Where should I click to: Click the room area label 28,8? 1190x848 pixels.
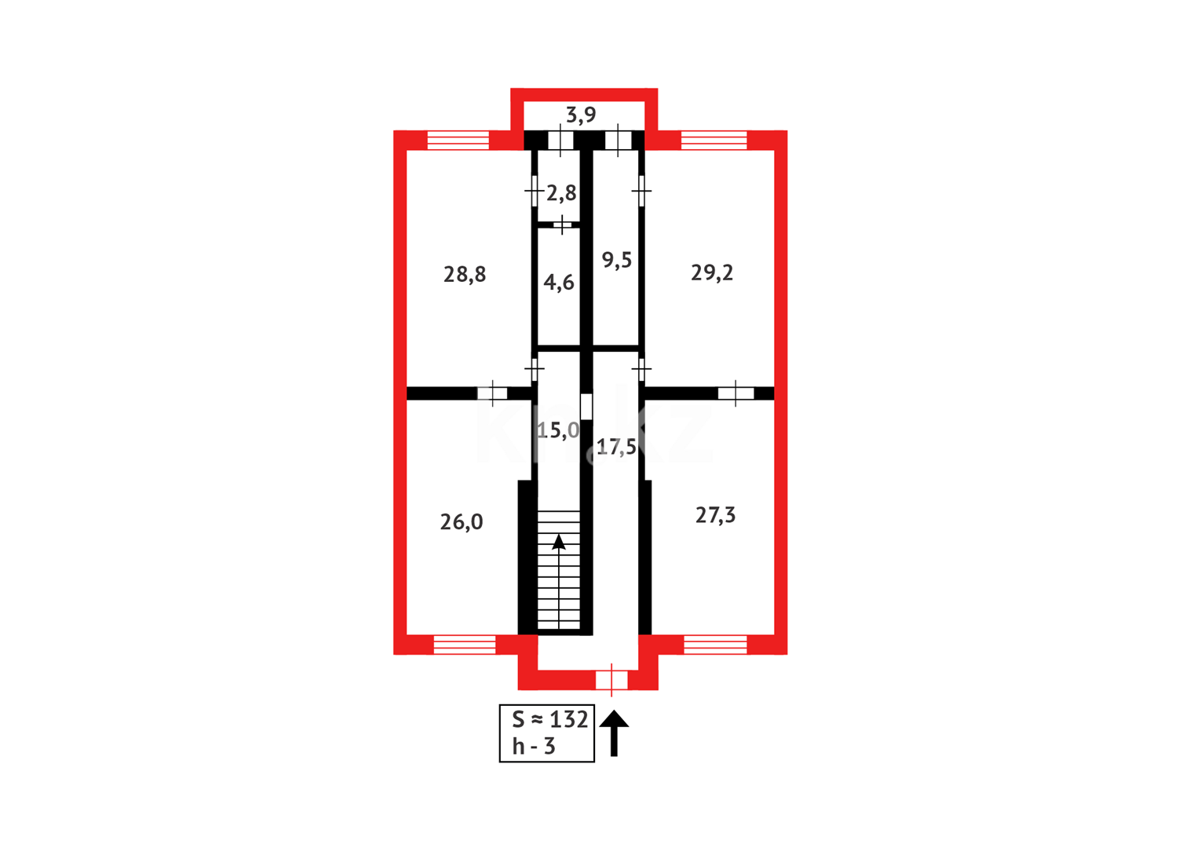[x=465, y=274]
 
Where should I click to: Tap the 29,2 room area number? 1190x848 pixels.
[x=712, y=272]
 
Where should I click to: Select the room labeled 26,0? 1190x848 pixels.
[x=462, y=521]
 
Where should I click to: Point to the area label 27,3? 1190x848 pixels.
[x=715, y=515]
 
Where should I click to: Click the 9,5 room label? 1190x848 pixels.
[x=616, y=260]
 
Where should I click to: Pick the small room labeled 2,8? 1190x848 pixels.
[x=561, y=192]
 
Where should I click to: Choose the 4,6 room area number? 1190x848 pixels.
[x=559, y=282]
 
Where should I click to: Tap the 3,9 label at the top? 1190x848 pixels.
[x=581, y=115]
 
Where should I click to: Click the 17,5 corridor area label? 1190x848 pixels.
[x=616, y=448]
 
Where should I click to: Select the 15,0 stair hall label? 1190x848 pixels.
[x=558, y=430]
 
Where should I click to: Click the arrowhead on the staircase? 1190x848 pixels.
[x=559, y=542]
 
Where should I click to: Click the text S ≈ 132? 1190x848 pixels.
[x=549, y=720]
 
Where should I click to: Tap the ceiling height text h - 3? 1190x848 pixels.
[x=534, y=747]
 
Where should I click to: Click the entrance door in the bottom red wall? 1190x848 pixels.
[x=611, y=679]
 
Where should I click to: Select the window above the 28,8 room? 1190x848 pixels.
[x=458, y=141]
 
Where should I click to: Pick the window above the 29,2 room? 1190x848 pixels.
[x=714, y=141]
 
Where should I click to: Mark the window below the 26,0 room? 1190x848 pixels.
[x=465, y=645]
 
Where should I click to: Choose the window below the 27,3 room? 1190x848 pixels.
[x=715, y=645]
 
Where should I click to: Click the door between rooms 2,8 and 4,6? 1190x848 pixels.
[x=563, y=225]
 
